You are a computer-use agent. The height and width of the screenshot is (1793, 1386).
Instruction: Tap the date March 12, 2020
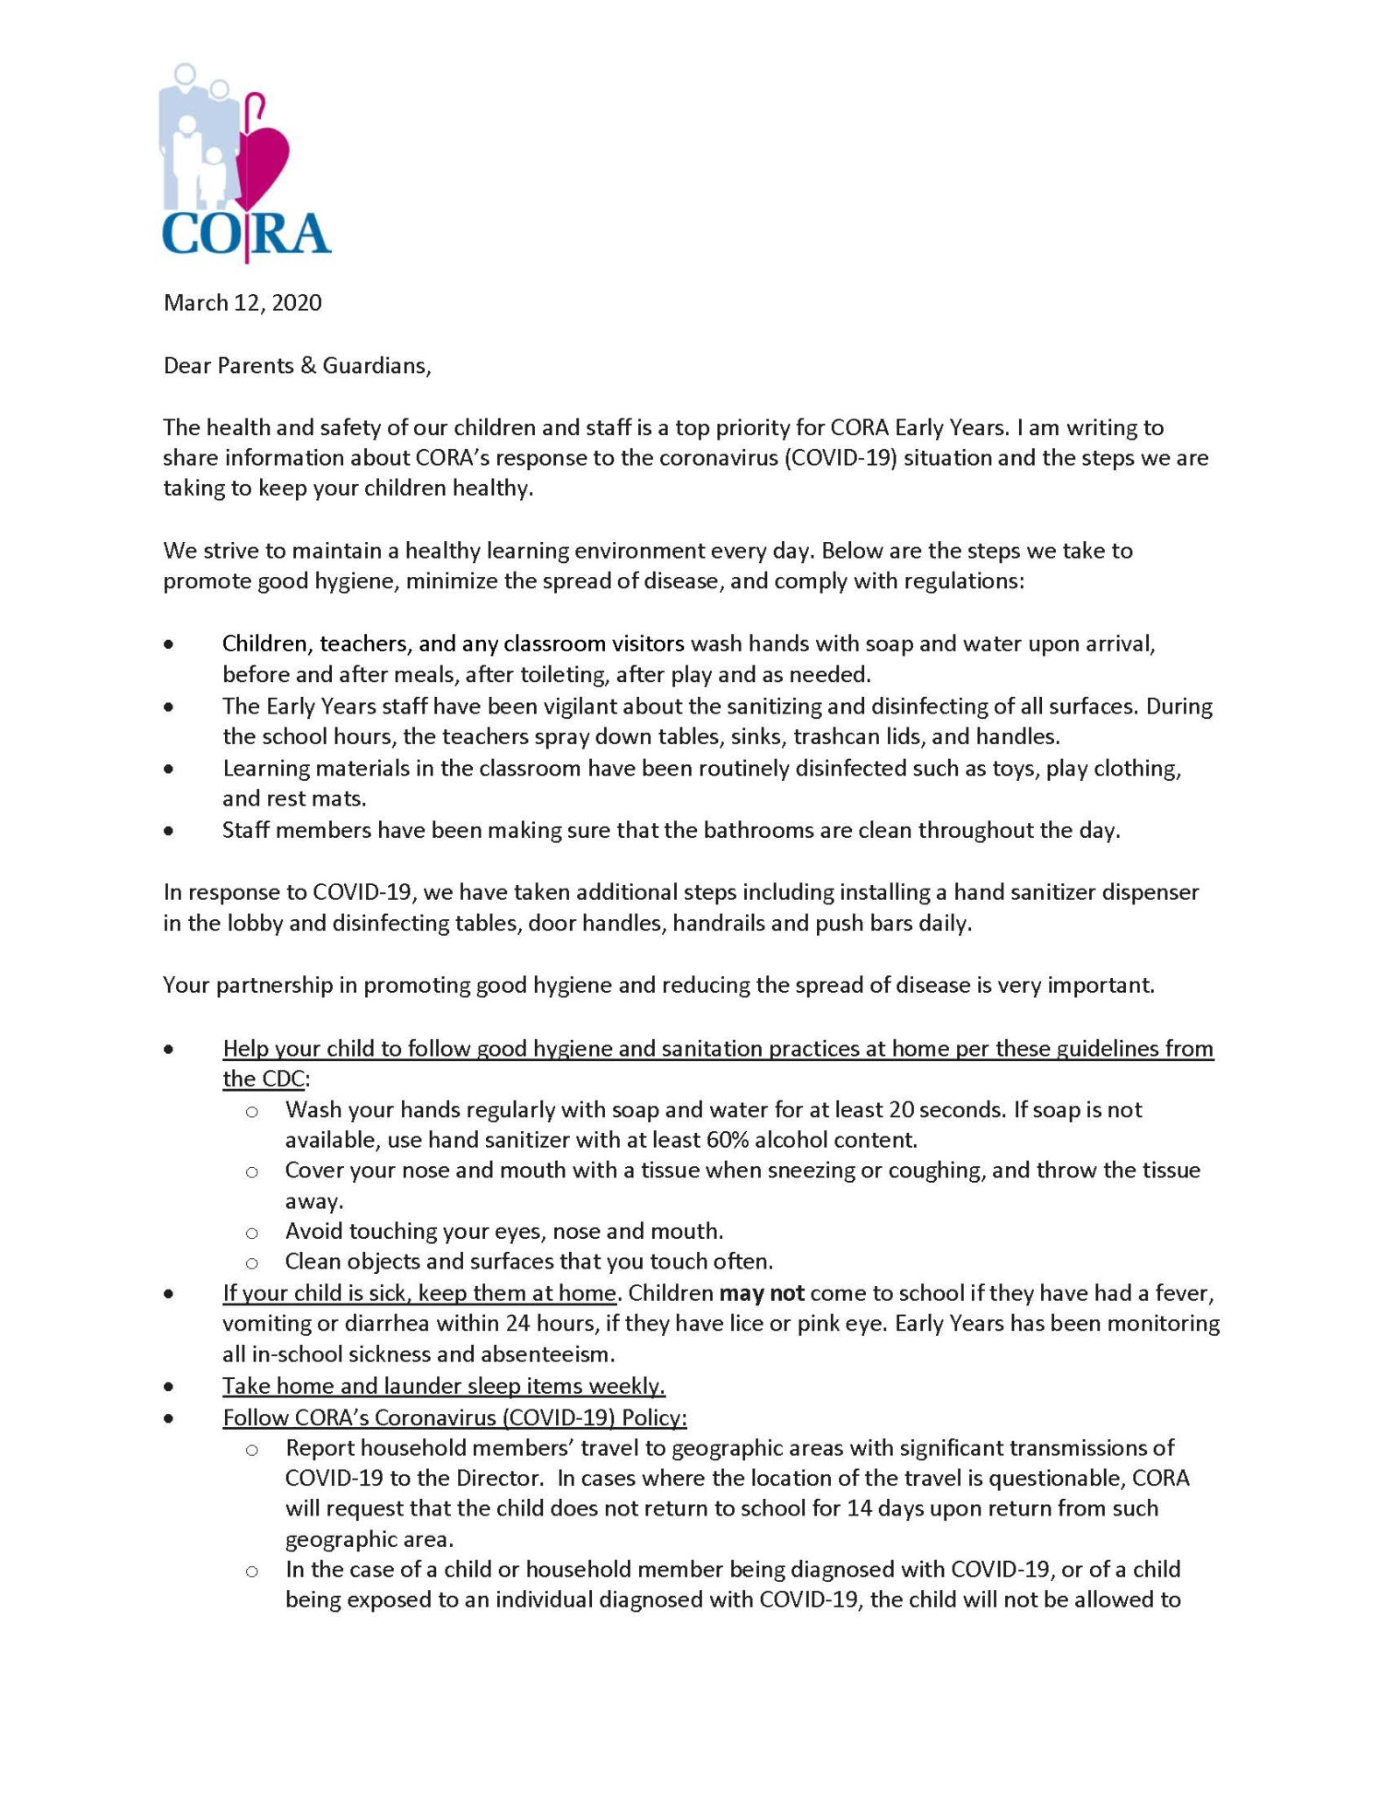[243, 303]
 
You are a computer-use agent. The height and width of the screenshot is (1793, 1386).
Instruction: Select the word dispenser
[1147, 892]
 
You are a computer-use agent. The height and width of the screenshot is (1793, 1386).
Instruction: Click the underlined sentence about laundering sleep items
[444, 1386]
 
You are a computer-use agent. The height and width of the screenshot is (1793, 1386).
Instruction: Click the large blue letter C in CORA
[185, 233]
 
